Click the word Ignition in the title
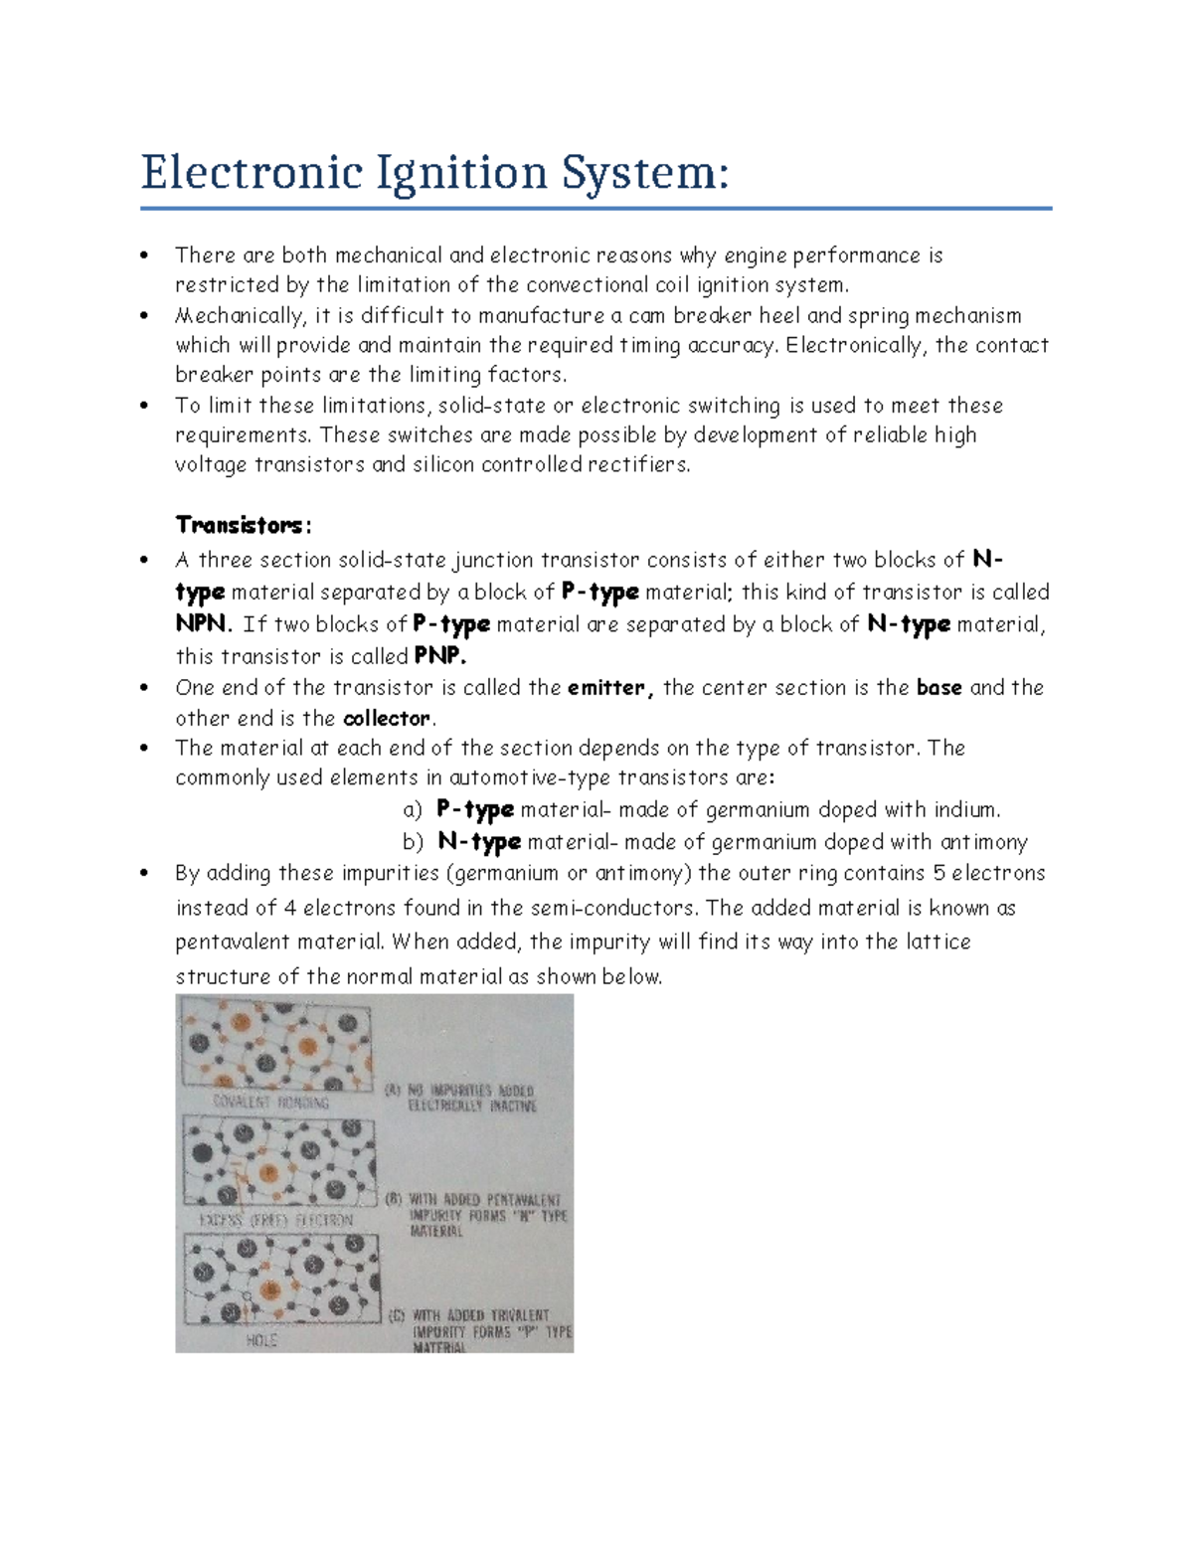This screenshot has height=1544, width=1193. (460, 173)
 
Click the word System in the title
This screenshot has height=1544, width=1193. (642, 173)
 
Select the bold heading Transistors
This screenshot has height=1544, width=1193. (243, 525)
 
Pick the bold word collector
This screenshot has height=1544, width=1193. (388, 719)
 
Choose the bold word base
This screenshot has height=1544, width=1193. (938, 688)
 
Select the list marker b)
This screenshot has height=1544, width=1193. (414, 842)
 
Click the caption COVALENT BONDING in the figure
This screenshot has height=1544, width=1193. (271, 1103)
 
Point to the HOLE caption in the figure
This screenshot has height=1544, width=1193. (261, 1341)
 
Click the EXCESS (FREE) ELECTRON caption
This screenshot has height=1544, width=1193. (275, 1220)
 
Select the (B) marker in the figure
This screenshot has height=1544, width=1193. (394, 1199)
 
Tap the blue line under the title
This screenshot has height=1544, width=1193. (596, 209)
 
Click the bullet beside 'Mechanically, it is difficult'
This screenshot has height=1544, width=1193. (145, 316)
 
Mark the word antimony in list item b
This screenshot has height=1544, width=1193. (983, 842)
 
